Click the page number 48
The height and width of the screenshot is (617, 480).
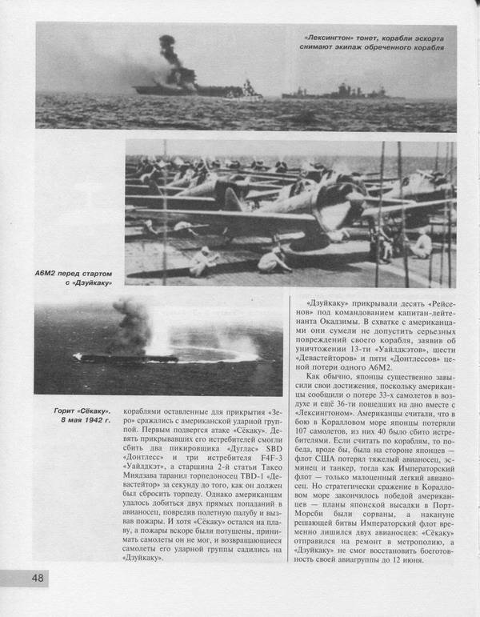pyautogui.click(x=38, y=578)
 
